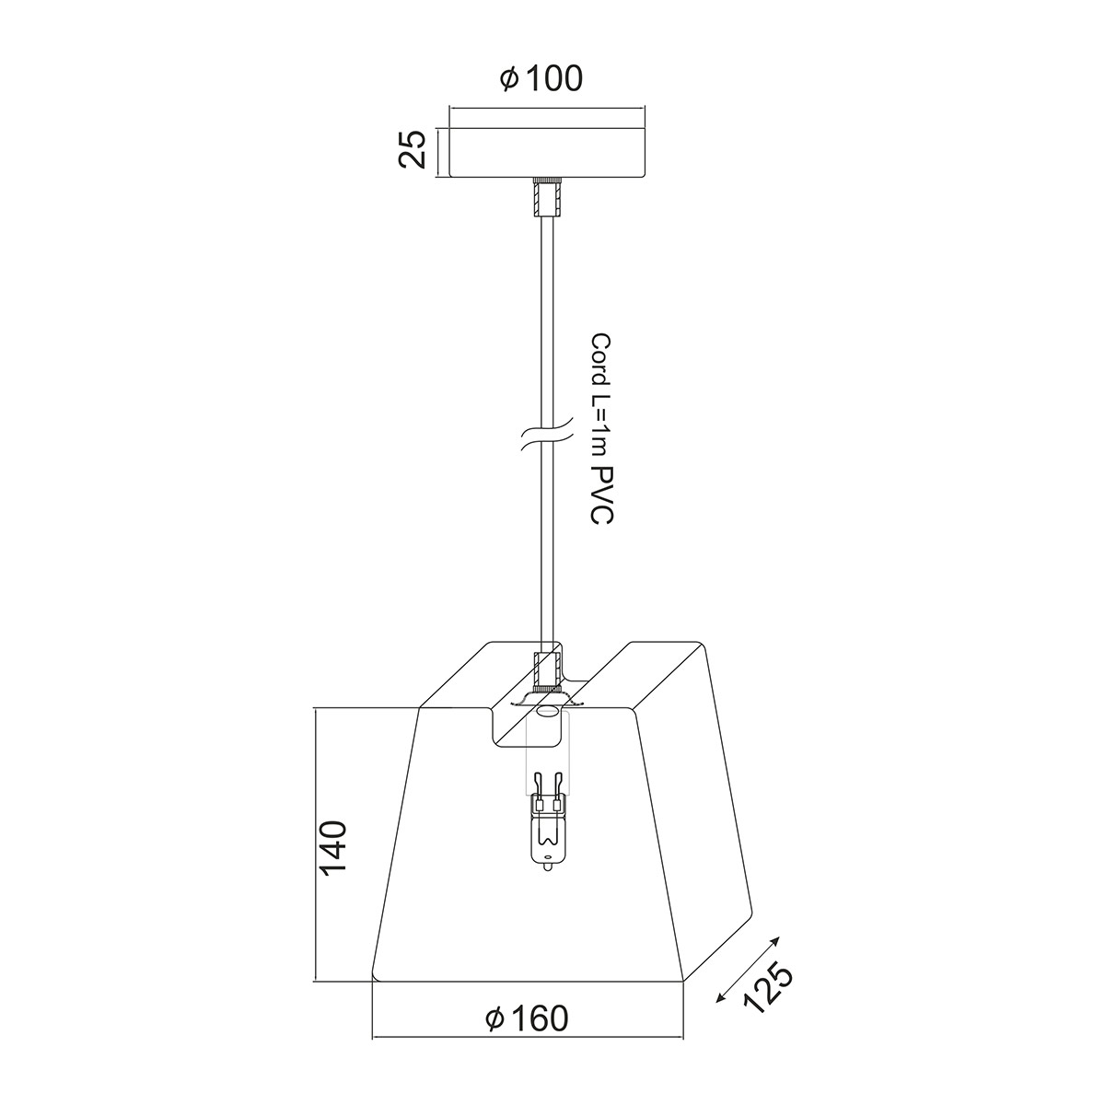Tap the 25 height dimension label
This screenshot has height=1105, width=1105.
coord(413,149)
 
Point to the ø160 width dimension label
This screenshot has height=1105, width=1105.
coord(527,1018)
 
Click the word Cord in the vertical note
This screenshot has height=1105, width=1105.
coord(601,358)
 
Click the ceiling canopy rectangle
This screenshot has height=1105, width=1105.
coord(547,153)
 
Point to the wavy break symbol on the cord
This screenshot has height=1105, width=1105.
coord(547,441)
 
